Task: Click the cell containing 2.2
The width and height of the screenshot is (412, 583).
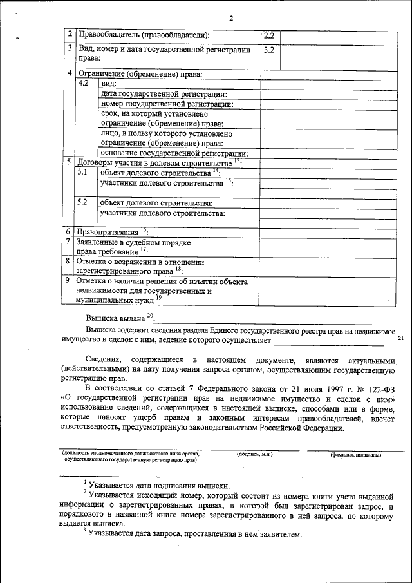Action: coord(269,36)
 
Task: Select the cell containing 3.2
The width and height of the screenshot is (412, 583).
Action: coord(269,50)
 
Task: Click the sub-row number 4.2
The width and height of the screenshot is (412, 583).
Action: coord(83,84)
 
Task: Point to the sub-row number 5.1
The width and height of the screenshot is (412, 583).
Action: coord(82,173)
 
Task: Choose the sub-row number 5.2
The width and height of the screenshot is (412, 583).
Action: coord(82,202)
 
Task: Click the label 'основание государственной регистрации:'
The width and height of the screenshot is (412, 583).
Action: coord(174,153)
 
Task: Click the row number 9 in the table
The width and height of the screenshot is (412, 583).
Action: coord(69,282)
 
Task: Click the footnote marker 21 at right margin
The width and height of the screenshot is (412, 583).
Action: coord(401,338)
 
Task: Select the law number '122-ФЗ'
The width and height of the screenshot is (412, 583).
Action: coord(380,388)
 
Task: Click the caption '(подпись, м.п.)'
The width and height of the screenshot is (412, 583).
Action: coord(255,454)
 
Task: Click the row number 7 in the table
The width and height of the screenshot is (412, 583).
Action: coord(69,242)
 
